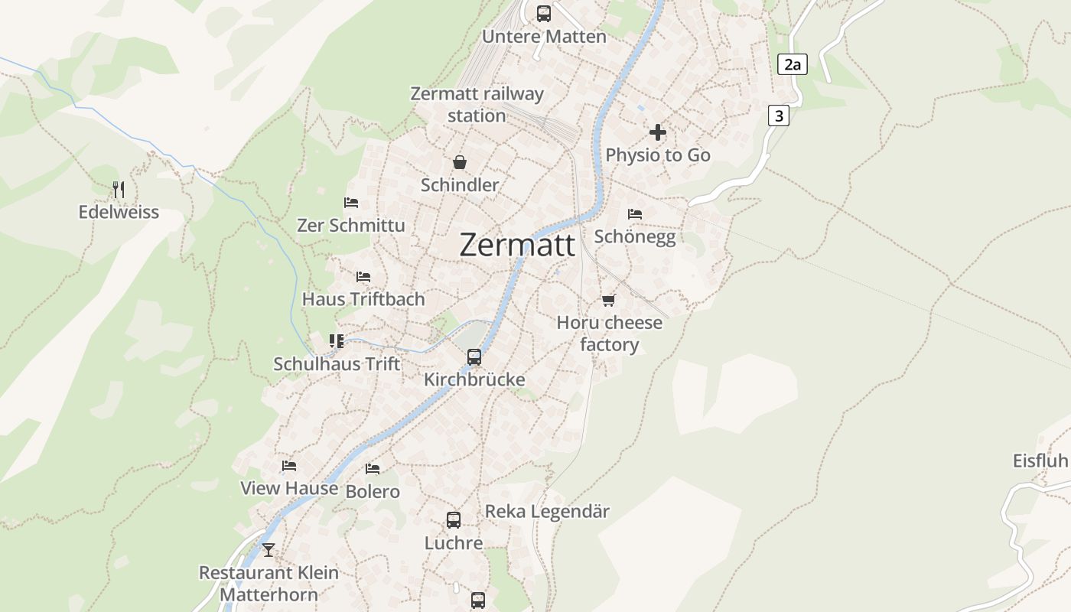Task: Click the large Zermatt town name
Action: click(x=517, y=245)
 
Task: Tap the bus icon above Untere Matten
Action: click(x=543, y=13)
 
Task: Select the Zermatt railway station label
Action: click(x=477, y=105)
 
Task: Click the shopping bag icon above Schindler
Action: click(x=460, y=162)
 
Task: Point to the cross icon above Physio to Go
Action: click(x=657, y=132)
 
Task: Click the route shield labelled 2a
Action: click(x=793, y=64)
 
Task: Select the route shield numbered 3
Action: click(x=779, y=116)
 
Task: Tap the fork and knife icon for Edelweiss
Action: click(x=119, y=189)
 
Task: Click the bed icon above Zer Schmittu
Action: click(x=351, y=203)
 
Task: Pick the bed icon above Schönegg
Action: click(x=634, y=214)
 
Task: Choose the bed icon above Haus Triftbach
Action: click(x=363, y=276)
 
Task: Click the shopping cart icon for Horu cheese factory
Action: click(x=608, y=300)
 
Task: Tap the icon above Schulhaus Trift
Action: click(x=337, y=341)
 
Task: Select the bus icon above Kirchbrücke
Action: click(x=474, y=357)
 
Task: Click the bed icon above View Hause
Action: click(x=289, y=466)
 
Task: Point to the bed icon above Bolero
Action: click(x=373, y=468)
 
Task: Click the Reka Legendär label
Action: click(x=547, y=512)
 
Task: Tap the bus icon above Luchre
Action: click(x=454, y=520)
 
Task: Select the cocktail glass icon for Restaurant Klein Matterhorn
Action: click(x=268, y=549)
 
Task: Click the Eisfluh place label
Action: click(x=1040, y=461)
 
